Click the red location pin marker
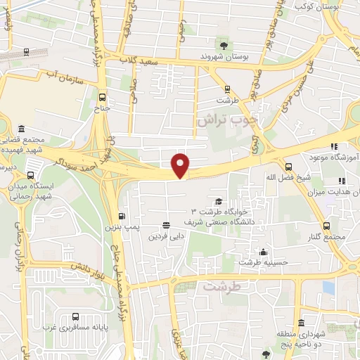coord(181,165)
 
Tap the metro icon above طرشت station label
coord(227,89)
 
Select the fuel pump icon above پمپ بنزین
coord(123,216)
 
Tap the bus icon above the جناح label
coord(103,98)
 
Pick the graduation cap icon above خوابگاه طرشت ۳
coord(219,201)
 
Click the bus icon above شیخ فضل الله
coord(288,167)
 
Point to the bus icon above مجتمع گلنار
coord(327,226)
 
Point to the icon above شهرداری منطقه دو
coord(302,323)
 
